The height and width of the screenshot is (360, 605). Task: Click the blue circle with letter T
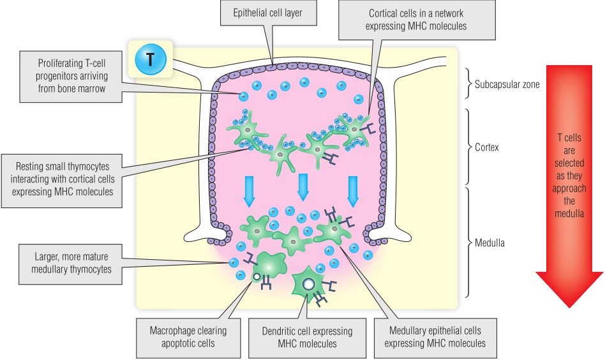pyautogui.click(x=151, y=60)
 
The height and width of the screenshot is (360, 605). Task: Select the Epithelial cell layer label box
pyautogui.click(x=268, y=12)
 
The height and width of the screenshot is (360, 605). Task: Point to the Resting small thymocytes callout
pyautogui.click(x=62, y=180)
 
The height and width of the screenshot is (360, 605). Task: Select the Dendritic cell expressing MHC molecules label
pyautogui.click(x=307, y=337)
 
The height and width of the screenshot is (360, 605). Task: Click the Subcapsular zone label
pyautogui.click(x=507, y=84)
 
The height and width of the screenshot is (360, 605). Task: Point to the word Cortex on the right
pyautogui.click(x=488, y=147)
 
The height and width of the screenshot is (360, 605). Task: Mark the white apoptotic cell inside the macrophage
pyautogui.click(x=256, y=278)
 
